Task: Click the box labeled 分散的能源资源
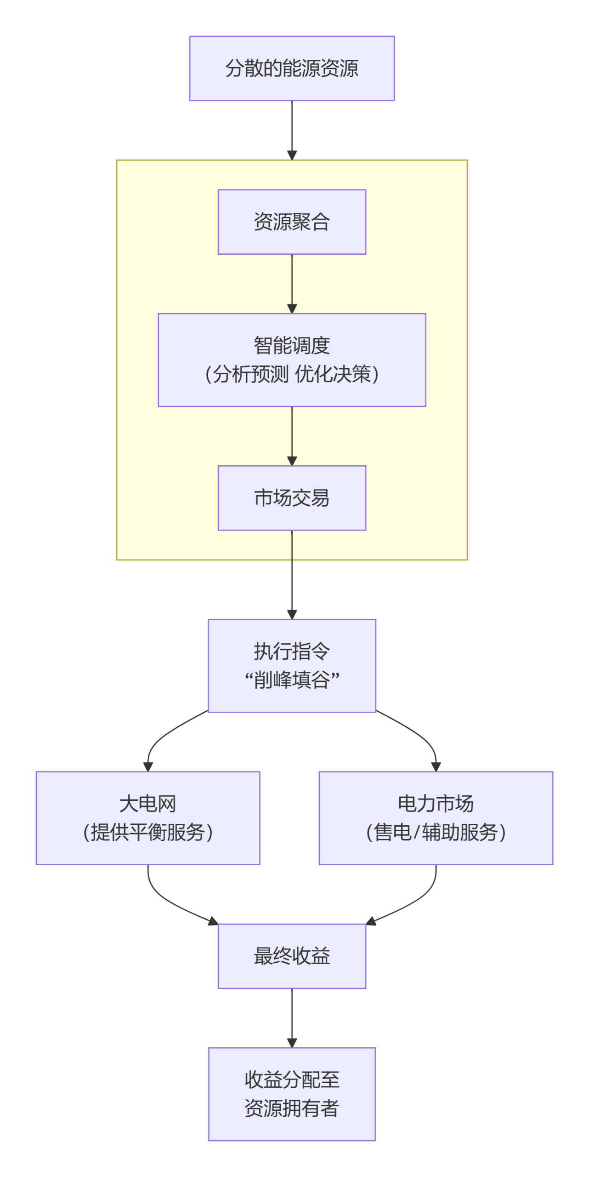click(292, 68)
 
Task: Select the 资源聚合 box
click(292, 222)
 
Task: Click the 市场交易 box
click(292, 497)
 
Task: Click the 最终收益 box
click(292, 956)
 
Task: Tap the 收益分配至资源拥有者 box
click(292, 1094)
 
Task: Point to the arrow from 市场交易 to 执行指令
click(292, 575)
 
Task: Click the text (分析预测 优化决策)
click(292, 374)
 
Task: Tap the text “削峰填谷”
click(292, 680)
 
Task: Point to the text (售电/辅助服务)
click(435, 832)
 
